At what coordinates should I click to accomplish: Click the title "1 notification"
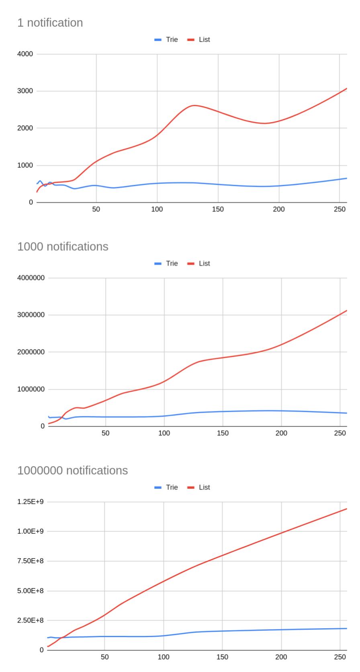pyautogui.click(x=50, y=23)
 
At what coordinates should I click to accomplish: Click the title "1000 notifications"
pyautogui.click(x=63, y=247)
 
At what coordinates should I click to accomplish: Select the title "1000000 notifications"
pyautogui.click(x=73, y=470)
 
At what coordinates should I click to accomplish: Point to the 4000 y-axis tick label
pyautogui.click(x=25, y=54)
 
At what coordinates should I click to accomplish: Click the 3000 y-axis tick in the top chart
pyautogui.click(x=25, y=91)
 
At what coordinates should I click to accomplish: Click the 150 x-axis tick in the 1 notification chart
pyautogui.click(x=218, y=209)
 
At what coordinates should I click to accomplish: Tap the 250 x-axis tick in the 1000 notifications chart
pyautogui.click(x=340, y=433)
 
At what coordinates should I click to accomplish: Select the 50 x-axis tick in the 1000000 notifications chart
pyautogui.click(x=104, y=657)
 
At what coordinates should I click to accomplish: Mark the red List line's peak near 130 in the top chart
pyautogui.click(x=194, y=105)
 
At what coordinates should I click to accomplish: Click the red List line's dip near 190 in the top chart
pyautogui.click(x=264, y=123)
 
